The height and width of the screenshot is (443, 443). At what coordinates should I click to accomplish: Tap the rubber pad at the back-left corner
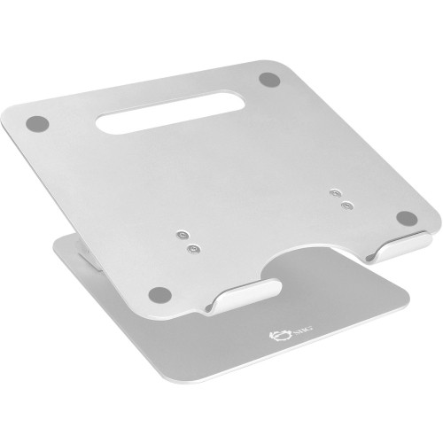pos(36,121)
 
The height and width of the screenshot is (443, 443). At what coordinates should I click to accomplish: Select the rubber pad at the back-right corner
pos(266,79)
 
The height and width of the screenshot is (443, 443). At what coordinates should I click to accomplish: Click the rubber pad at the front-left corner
pos(159,293)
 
